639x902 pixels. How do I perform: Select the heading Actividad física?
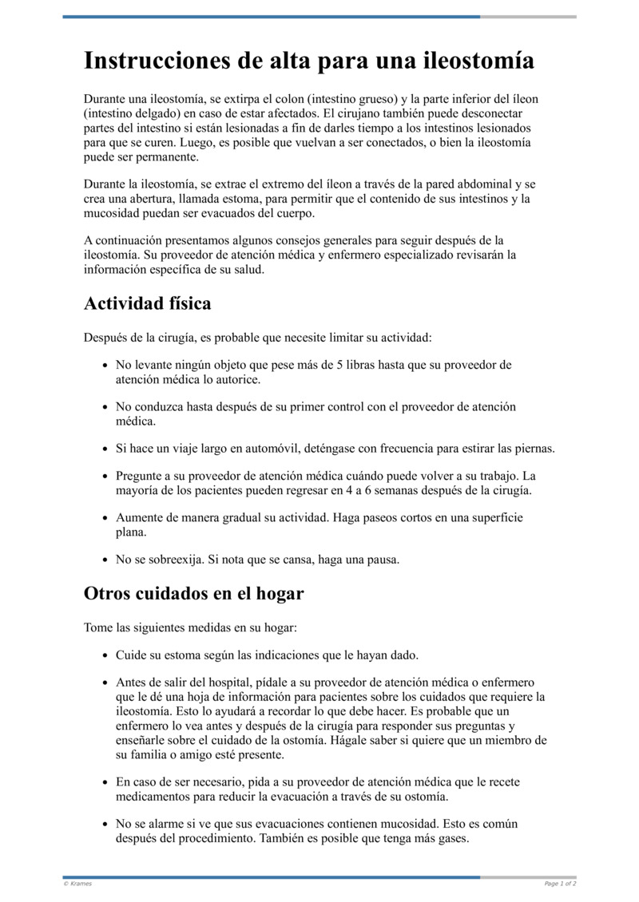(147, 304)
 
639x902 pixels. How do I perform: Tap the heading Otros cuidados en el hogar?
(193, 594)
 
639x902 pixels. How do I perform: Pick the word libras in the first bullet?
(363, 365)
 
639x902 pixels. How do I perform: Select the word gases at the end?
(450, 839)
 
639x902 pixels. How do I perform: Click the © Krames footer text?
(77, 884)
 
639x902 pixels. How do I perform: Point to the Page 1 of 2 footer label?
(560, 884)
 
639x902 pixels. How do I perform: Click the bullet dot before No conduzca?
(105, 407)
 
